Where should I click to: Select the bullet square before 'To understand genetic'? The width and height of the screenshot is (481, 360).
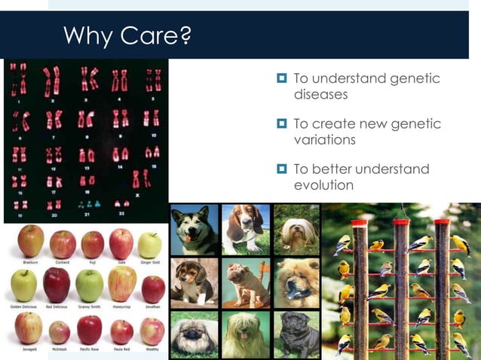coord(281,78)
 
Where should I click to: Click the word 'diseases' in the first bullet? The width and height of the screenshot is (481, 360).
coord(320,95)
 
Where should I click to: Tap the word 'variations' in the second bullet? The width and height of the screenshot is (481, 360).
coord(324,140)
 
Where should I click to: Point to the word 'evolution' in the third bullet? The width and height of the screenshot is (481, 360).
coord(323,185)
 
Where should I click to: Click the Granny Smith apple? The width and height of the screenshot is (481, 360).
coord(90,285)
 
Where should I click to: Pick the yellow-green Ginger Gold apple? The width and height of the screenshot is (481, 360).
coord(150,244)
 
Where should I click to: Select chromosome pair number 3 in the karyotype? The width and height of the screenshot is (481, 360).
coord(89,78)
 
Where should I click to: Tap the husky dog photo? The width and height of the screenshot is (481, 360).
coord(194,229)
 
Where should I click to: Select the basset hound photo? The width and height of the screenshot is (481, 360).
coord(245,228)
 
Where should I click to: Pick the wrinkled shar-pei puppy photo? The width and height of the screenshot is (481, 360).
coord(245,282)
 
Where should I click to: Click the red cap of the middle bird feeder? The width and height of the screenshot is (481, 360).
coord(401,221)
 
